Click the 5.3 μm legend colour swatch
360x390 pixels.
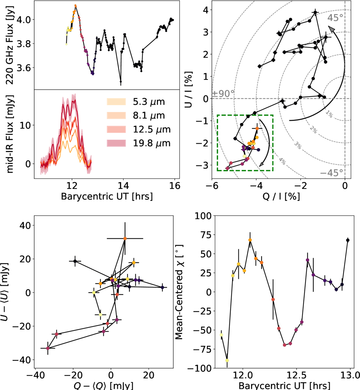pos(116,102)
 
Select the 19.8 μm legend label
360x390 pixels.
pos(152,143)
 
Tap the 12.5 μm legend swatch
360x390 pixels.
pos(116,129)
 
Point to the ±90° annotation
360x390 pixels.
pos(223,94)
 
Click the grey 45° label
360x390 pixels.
pos(335,18)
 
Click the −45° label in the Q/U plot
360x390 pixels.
pos(331,173)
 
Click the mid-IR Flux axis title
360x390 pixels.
pos(10,134)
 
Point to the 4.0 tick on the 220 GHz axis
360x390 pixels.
pos(24,20)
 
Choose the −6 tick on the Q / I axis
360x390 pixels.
pos(212,186)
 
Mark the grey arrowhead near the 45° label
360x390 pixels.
pos(332,29)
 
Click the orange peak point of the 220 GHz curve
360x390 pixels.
pos(75,5)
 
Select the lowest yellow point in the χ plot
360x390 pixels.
pos(227,360)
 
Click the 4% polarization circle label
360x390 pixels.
pos(282,161)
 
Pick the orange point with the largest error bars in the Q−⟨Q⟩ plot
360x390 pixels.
pos(125,239)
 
